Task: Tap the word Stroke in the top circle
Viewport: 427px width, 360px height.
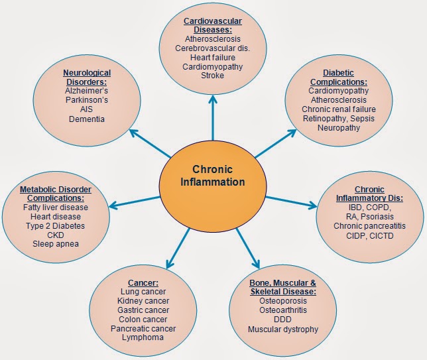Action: (x=213, y=76)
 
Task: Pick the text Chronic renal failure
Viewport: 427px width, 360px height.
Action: (x=339, y=109)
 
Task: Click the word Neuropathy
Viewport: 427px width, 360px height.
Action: (x=339, y=127)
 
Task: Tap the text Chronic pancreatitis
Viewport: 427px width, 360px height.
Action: (x=369, y=225)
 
